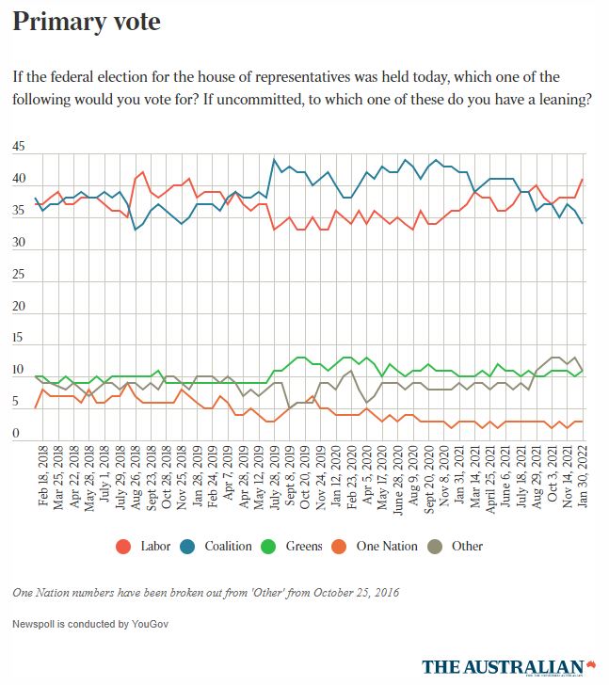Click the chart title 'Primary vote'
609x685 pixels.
(86, 21)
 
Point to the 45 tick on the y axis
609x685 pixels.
(19, 148)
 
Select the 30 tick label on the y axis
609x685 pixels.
(19, 243)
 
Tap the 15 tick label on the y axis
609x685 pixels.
(19, 339)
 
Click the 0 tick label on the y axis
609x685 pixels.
(16, 434)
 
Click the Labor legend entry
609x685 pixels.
(149, 546)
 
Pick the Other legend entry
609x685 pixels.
(457, 546)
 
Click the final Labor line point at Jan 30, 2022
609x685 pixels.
(584, 179)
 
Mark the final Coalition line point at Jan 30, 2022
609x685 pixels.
(584, 223)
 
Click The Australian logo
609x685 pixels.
(509, 666)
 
